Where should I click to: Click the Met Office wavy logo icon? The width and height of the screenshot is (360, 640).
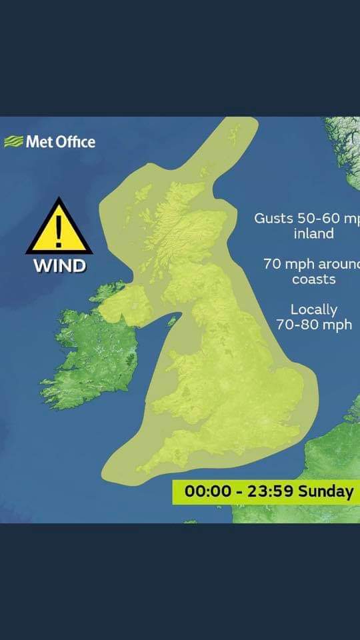pyautogui.click(x=13, y=141)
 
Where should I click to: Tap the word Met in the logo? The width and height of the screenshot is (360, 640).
pyautogui.click(x=35, y=141)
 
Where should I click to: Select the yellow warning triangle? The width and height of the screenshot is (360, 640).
pyautogui.click(x=59, y=228)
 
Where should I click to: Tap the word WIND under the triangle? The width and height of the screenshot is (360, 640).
pyautogui.click(x=60, y=265)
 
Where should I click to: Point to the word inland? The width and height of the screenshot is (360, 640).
pyautogui.click(x=313, y=234)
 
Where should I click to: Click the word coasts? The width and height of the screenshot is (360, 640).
pyautogui.click(x=313, y=279)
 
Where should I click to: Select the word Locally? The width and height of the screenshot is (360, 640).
pyautogui.click(x=314, y=309)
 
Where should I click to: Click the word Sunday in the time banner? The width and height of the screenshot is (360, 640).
pyautogui.click(x=325, y=492)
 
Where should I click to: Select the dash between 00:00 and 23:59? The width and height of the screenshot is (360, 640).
pyautogui.click(x=237, y=492)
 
